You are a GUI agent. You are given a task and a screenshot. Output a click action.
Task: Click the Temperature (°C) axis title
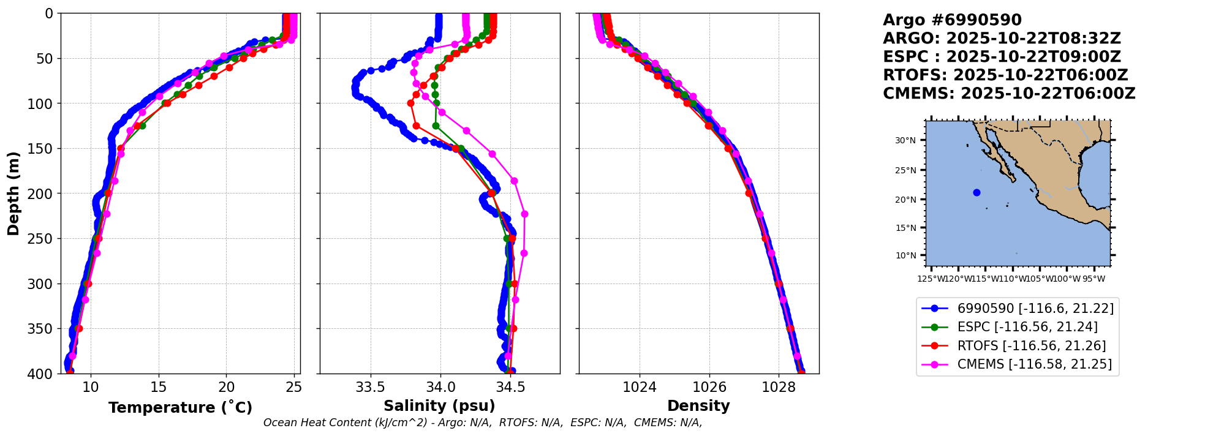180,408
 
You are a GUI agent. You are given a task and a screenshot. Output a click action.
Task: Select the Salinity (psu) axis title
439,406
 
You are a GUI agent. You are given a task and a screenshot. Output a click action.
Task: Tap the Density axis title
698,406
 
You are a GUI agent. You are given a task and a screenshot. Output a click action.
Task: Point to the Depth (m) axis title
13,193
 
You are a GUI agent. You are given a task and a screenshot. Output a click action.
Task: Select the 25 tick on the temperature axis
294,388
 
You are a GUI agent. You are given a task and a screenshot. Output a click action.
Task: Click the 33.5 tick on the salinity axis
371,388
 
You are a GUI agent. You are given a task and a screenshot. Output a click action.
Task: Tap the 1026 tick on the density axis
709,388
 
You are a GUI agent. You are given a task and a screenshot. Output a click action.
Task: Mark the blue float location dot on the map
976,193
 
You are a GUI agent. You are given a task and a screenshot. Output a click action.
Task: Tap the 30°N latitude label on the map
905,141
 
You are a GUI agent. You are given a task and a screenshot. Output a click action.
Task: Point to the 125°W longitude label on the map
931,279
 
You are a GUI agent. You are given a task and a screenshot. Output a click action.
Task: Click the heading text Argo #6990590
952,20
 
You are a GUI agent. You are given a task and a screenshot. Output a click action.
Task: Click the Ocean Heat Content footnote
483,423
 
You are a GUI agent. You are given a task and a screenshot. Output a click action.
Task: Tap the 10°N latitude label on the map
905,255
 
